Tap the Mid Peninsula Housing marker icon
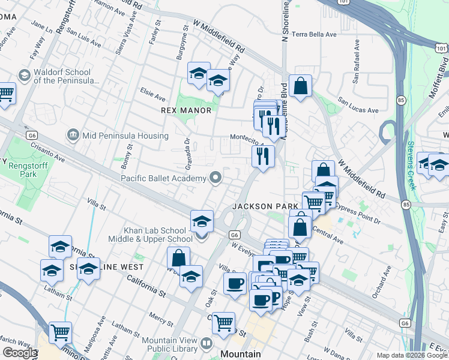73,134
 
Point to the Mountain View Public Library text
169,344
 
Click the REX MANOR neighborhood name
186,110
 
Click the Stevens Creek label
411,164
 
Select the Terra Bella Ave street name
315,35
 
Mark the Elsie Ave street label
152,97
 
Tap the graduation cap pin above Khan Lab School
202,221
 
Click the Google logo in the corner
20,353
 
